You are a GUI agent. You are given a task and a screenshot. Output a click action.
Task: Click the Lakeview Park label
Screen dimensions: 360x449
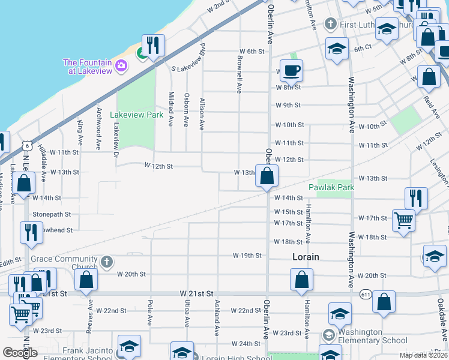[x=137, y=114]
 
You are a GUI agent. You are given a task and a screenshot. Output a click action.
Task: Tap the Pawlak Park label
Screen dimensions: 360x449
[x=332, y=187]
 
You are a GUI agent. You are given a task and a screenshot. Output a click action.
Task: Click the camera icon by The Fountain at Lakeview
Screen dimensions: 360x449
[x=121, y=65]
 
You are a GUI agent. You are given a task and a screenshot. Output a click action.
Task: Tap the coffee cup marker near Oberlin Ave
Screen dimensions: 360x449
[x=291, y=70]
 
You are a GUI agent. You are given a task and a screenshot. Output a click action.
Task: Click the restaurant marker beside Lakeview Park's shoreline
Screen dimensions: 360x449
[x=153, y=46]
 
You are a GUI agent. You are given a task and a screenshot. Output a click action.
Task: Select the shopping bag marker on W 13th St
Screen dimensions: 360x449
[x=267, y=175]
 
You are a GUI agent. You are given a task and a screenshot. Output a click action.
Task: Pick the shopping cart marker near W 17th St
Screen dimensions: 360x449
[x=403, y=220]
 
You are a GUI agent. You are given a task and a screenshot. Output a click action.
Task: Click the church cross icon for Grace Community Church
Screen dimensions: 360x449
[x=106, y=261]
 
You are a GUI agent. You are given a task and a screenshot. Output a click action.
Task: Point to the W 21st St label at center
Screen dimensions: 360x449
[x=197, y=293]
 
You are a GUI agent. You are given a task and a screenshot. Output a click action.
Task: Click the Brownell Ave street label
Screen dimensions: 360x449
[x=239, y=76]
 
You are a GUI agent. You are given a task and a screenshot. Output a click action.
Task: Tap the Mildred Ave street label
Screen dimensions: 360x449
[x=171, y=109]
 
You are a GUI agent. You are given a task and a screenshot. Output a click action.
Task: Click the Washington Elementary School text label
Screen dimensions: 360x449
[x=364, y=336]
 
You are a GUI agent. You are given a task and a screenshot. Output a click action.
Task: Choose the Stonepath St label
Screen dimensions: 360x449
[x=52, y=214]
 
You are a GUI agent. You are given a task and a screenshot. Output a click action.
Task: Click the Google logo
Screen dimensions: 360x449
[x=20, y=353]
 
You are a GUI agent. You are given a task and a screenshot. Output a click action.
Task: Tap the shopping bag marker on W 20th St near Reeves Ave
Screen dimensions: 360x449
[x=86, y=278]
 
